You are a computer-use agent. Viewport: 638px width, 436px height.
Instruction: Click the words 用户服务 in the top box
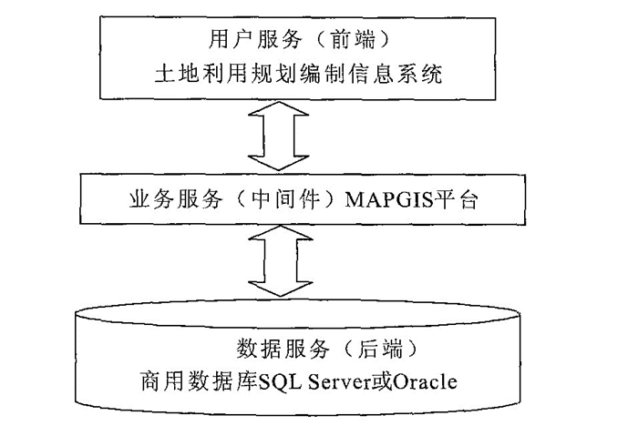240,37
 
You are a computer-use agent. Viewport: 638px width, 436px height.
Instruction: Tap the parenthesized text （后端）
366,348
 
